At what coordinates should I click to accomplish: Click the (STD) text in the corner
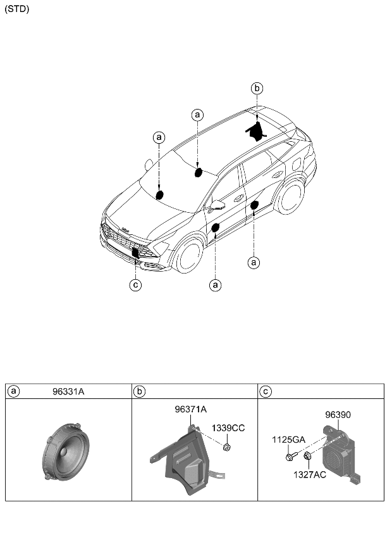tap(17, 9)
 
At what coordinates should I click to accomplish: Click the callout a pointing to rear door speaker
tap(254, 261)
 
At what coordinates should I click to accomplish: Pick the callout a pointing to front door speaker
tap(216, 285)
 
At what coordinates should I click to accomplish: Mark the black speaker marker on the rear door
tap(254, 205)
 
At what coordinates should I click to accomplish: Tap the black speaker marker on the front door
tap(215, 227)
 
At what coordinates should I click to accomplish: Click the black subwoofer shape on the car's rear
tap(256, 130)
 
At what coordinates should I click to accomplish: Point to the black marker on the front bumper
tap(135, 251)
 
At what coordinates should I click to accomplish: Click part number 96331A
tap(68, 392)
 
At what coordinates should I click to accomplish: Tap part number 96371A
tap(190, 410)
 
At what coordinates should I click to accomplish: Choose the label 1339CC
tap(228, 428)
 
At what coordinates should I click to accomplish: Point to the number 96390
tap(338, 415)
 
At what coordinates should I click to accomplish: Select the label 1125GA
tap(288, 439)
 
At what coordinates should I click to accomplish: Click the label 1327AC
tap(309, 474)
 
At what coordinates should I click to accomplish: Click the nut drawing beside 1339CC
tap(226, 448)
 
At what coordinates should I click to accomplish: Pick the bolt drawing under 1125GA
tap(290, 455)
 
